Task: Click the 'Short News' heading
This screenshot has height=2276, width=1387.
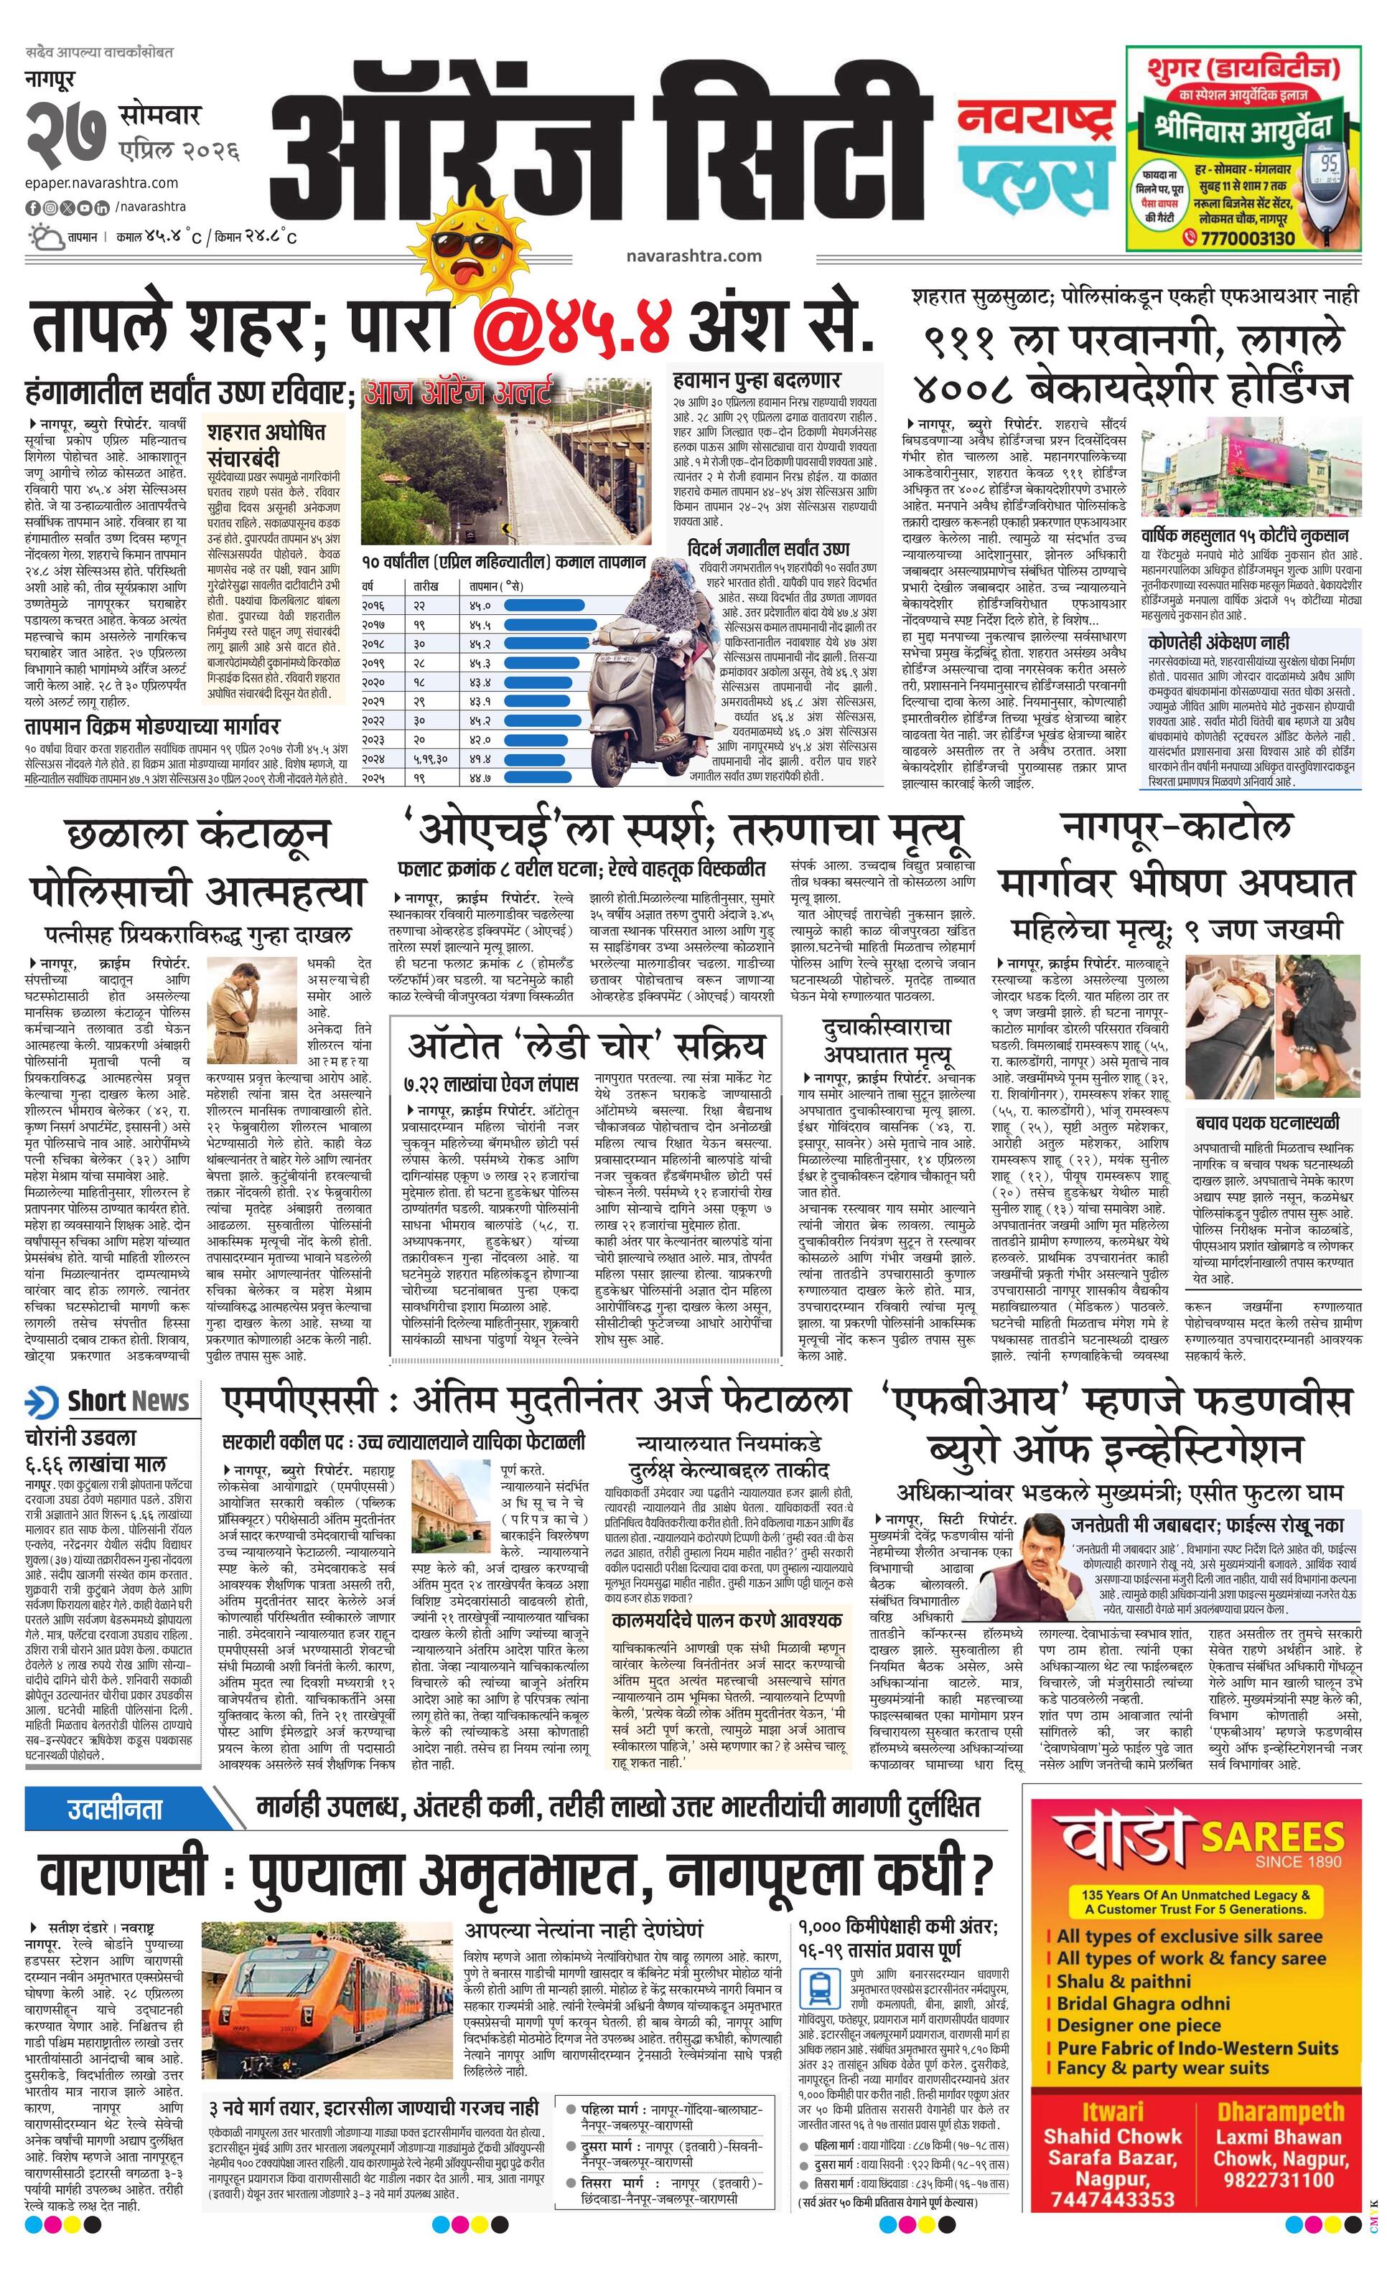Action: click(x=128, y=1401)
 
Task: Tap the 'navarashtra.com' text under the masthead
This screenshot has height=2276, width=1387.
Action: click(x=693, y=256)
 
